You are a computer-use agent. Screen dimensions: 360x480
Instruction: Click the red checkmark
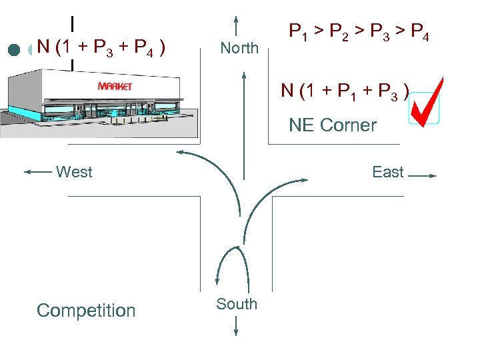tap(425, 101)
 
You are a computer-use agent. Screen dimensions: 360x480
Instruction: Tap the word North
tap(239, 48)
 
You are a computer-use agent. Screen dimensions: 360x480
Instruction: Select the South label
tap(236, 304)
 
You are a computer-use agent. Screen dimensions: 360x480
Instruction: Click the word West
tap(74, 172)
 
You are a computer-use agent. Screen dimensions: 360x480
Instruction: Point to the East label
tap(388, 172)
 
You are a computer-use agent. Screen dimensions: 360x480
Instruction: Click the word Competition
tap(86, 311)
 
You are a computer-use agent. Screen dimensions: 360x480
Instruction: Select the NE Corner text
tap(333, 125)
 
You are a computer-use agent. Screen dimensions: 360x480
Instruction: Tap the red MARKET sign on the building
tap(115, 86)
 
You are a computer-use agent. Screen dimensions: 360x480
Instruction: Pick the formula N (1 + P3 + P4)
tap(101, 47)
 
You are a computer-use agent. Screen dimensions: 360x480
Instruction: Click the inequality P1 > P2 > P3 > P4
tap(358, 31)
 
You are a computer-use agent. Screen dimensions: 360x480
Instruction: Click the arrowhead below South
tap(237, 331)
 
